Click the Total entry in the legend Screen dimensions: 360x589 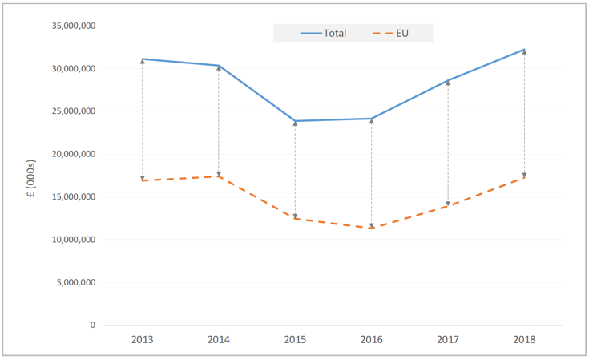(324, 33)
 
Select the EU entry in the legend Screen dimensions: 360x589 (390, 33)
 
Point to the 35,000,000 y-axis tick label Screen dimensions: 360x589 (73, 26)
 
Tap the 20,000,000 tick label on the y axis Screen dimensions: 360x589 (73, 154)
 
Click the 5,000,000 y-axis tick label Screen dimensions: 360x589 (76, 282)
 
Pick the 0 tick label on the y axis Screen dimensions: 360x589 (93, 326)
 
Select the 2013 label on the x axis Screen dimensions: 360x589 (143, 339)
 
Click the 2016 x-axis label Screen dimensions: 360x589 (372, 339)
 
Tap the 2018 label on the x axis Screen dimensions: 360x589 (524, 339)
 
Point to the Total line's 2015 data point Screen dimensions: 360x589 (295, 121)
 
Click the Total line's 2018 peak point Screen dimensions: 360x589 (524, 50)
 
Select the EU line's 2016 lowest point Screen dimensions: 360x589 (372, 228)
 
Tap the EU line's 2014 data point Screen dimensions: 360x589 (219, 176)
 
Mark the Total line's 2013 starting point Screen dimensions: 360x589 (143, 59)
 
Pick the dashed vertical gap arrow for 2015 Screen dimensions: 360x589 (295, 169)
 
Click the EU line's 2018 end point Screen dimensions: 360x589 (524, 177)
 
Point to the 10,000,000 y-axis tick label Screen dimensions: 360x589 (73, 240)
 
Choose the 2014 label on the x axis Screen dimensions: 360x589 (219, 339)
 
